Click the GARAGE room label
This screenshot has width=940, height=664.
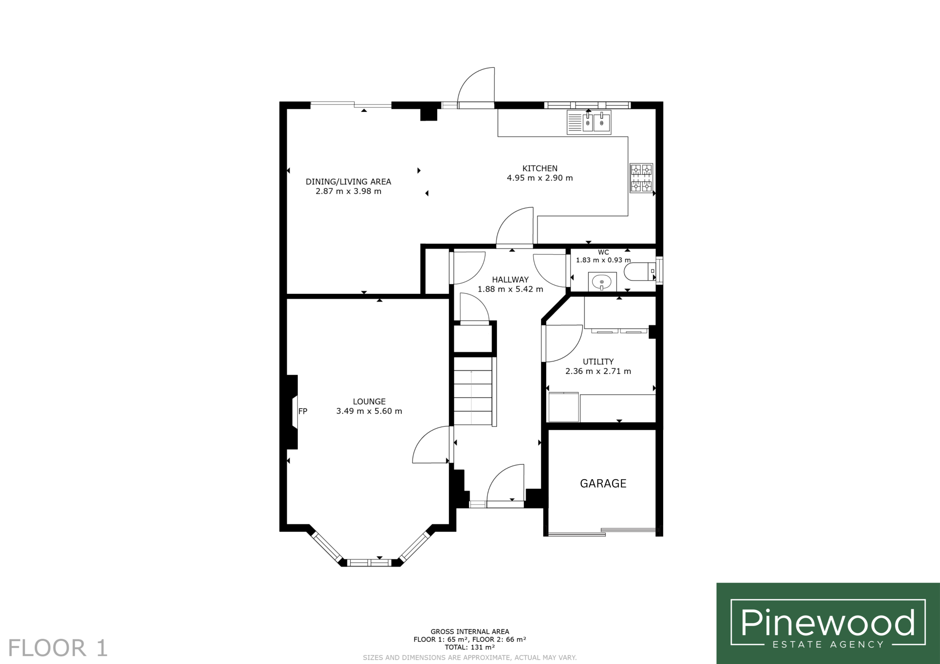tap(603, 484)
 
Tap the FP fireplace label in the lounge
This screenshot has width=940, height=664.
tap(303, 412)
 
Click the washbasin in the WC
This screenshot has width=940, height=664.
tap(602, 282)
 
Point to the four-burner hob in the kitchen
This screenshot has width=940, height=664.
tap(641, 178)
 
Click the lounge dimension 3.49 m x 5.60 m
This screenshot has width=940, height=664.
tap(369, 411)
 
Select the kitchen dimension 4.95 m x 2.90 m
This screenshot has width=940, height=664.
tap(540, 178)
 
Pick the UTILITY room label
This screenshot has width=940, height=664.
tap(598, 362)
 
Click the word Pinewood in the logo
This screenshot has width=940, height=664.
tap(828, 622)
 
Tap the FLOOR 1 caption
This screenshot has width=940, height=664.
tap(58, 648)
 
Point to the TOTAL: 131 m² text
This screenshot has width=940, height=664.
tap(470, 647)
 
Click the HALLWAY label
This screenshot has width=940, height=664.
tap(510, 280)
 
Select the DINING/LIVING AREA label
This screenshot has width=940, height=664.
tap(348, 182)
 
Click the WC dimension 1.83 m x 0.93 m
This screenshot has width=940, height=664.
tap(603, 260)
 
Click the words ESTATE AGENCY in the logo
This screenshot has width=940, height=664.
tap(828, 645)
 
